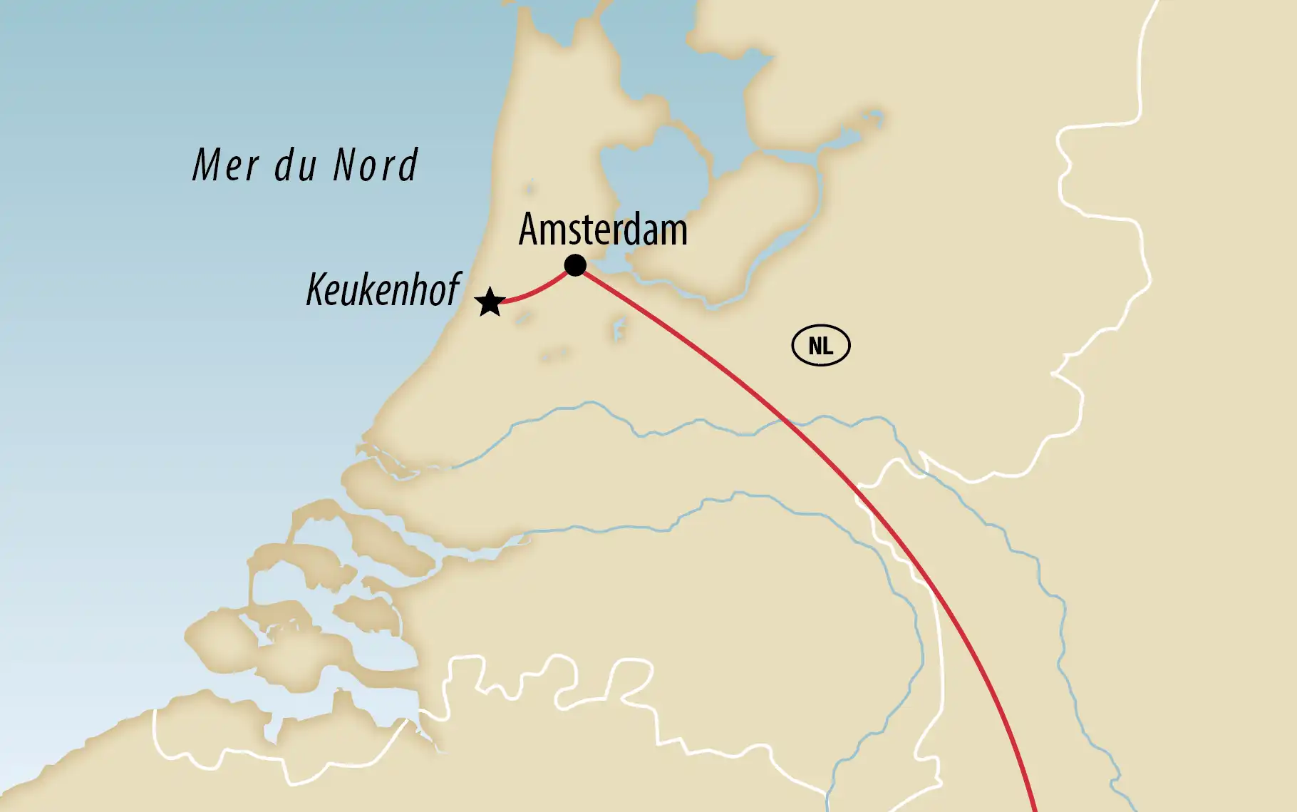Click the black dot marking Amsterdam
[x=575, y=265]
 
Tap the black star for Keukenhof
[x=490, y=302]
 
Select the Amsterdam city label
[x=603, y=230]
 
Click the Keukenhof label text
[x=383, y=289]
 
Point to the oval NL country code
[x=821, y=346]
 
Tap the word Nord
[x=375, y=165]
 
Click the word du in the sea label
[x=295, y=165]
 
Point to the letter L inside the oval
[x=828, y=346]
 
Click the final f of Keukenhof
[x=453, y=289]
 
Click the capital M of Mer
[x=208, y=165]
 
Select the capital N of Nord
[x=345, y=165]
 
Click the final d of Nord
[x=408, y=165]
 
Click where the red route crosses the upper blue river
[x=785, y=422]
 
